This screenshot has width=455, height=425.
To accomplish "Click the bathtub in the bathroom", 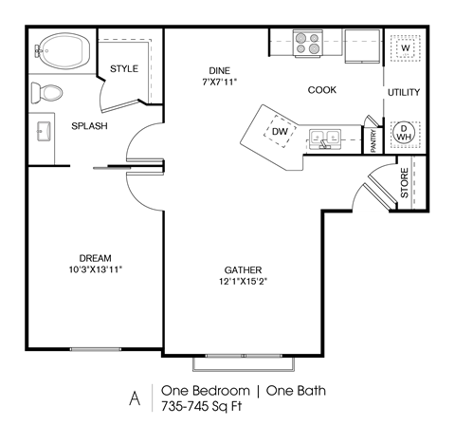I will [63, 50].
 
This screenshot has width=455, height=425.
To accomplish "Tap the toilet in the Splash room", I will [45, 92].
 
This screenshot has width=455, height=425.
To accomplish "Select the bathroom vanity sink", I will [44, 130].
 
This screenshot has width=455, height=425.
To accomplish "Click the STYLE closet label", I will [124, 68].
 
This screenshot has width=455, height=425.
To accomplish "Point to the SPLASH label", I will [89, 126].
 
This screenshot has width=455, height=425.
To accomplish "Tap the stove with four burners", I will [309, 43].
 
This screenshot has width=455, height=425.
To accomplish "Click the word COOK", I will [322, 90].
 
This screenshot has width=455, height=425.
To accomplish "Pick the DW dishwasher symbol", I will [281, 132].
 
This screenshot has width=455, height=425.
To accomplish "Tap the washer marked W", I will [405, 47].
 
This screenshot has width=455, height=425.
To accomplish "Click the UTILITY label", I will [403, 92].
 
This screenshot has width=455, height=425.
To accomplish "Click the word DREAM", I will [96, 258].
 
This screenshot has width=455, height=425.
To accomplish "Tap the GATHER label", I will [244, 269].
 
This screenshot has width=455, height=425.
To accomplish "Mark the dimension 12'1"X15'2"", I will [244, 281].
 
